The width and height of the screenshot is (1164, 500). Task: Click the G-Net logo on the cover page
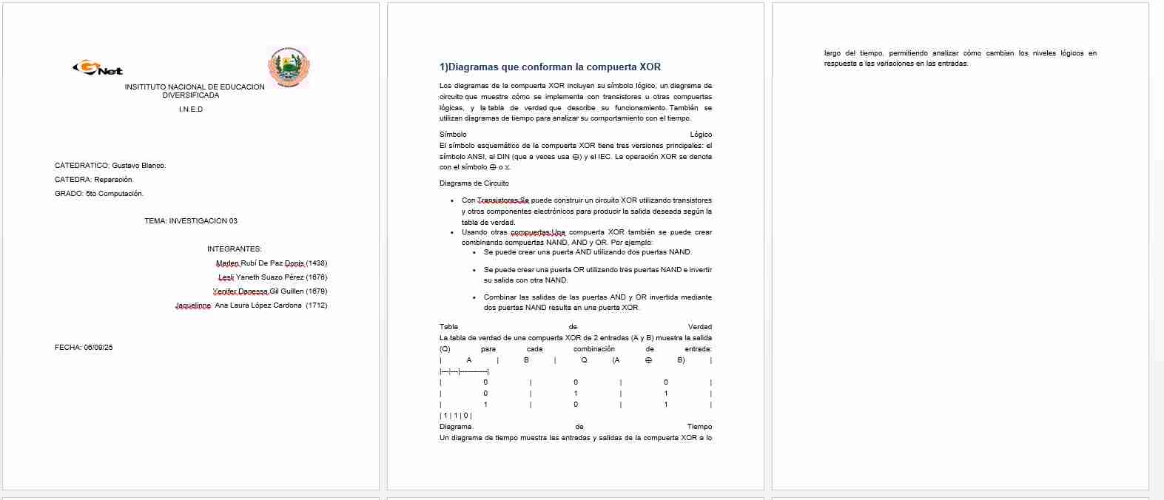click(98, 69)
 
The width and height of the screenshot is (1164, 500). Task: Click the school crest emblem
click(288, 67)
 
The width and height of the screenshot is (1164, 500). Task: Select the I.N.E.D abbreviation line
click(191, 109)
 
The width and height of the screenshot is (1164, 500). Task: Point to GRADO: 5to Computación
click(99, 194)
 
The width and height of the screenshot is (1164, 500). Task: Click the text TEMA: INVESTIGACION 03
click(191, 221)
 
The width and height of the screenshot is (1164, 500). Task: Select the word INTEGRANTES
click(234, 249)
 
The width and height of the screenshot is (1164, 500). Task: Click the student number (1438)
click(316, 263)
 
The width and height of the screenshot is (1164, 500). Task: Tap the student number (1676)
click(316, 277)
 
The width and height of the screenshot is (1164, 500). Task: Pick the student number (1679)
click(316, 291)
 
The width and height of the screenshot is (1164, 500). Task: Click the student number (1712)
click(316, 305)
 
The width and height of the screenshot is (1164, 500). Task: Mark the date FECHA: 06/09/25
click(84, 348)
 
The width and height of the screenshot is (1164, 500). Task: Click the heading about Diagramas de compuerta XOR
click(550, 67)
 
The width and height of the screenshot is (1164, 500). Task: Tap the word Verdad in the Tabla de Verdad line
click(699, 327)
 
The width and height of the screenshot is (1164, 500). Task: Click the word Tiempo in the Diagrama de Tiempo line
click(699, 427)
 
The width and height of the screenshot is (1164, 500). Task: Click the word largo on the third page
click(832, 53)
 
